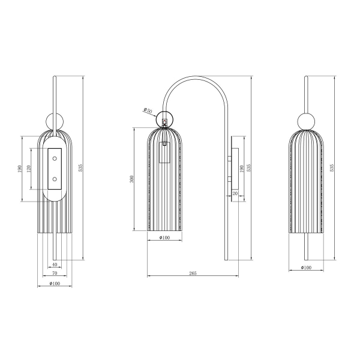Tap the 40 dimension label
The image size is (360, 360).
click(x=55, y=265)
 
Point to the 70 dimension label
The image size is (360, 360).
click(x=55, y=274)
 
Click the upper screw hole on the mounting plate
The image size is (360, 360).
click(x=55, y=158)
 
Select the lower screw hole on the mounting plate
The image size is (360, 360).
click(x=55, y=178)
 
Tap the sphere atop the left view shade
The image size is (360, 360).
click(x=55, y=119)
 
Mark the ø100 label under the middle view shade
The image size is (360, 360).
click(x=163, y=238)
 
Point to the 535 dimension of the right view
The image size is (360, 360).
click(x=332, y=168)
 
